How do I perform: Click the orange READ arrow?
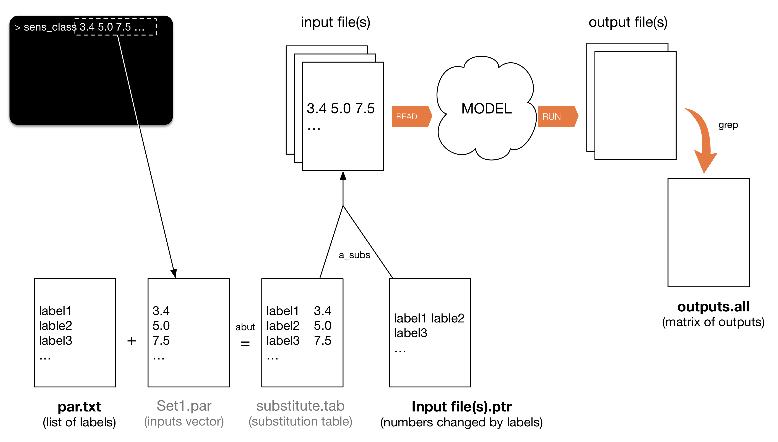(x=411, y=116)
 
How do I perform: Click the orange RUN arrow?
(x=558, y=116)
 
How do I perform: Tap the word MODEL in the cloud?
(x=486, y=109)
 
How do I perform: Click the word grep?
(x=728, y=125)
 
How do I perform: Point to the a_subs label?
(x=354, y=255)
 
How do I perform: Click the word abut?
(x=245, y=327)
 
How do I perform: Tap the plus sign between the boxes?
(x=132, y=341)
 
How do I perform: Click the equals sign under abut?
(x=245, y=343)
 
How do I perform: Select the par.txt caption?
(x=79, y=407)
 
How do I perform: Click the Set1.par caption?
(x=184, y=406)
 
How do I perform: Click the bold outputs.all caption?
(x=713, y=307)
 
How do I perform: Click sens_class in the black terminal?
(x=50, y=27)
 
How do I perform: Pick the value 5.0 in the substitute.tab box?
(x=323, y=326)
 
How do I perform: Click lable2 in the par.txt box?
(x=55, y=326)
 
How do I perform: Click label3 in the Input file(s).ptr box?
(x=411, y=333)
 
